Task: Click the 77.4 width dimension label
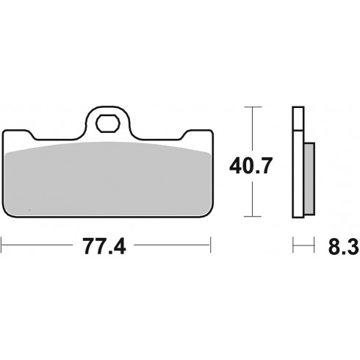click(x=104, y=246)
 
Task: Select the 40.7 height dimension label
click(x=251, y=166)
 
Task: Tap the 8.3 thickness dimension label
click(x=344, y=246)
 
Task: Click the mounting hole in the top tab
click(x=108, y=123)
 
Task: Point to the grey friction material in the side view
click(x=309, y=179)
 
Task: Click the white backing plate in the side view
click(x=298, y=173)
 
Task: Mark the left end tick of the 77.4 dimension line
click(x=1, y=245)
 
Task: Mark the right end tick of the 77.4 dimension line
click(x=210, y=245)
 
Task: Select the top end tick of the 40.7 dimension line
click(x=253, y=107)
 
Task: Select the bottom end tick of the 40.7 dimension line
click(x=253, y=216)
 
